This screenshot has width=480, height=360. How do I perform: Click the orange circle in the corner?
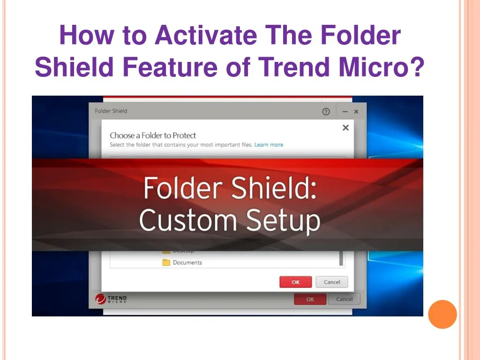coord(442,314)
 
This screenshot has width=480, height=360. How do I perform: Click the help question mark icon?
coord(326,112)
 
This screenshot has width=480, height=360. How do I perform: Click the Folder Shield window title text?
coord(111,111)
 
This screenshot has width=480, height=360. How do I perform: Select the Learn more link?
coord(269,145)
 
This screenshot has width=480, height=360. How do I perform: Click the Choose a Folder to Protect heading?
coord(153,135)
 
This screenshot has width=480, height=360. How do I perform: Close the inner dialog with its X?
coord(345,127)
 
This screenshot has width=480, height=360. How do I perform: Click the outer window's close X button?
coord(356,112)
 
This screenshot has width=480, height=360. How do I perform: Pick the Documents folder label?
coord(187,262)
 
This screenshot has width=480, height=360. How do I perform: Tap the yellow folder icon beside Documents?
coord(166,262)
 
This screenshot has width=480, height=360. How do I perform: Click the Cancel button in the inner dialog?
coord(332,282)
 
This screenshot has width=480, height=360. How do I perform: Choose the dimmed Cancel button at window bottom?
coord(344,299)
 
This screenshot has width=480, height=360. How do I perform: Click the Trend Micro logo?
coord(111,299)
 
